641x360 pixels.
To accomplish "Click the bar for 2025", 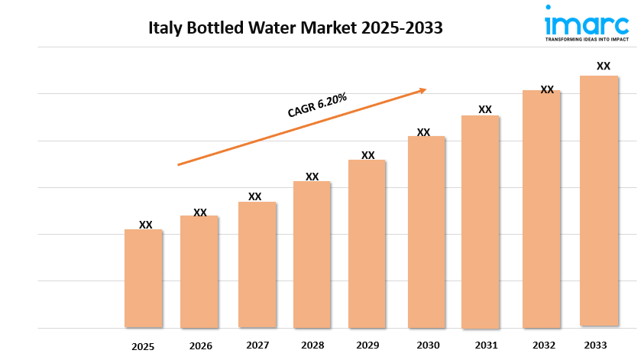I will [x=144, y=278].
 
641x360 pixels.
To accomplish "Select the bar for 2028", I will [x=312, y=255].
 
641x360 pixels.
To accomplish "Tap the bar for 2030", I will [x=426, y=232].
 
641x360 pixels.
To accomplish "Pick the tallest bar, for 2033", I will [x=599, y=201].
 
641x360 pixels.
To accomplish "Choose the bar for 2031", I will [x=481, y=222].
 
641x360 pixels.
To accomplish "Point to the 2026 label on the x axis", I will [x=200, y=346].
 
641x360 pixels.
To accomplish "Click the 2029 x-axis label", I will [x=368, y=345].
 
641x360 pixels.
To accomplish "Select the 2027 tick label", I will [x=257, y=345].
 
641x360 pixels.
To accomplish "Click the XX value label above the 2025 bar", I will [x=146, y=225].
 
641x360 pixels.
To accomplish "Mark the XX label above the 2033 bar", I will [x=604, y=66].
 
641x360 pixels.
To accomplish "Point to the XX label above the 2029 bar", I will [x=368, y=155].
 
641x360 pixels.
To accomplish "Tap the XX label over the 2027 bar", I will [x=255, y=196].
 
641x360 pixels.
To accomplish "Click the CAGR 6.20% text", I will [x=317, y=105].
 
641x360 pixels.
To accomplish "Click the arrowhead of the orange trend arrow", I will [x=422, y=90].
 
